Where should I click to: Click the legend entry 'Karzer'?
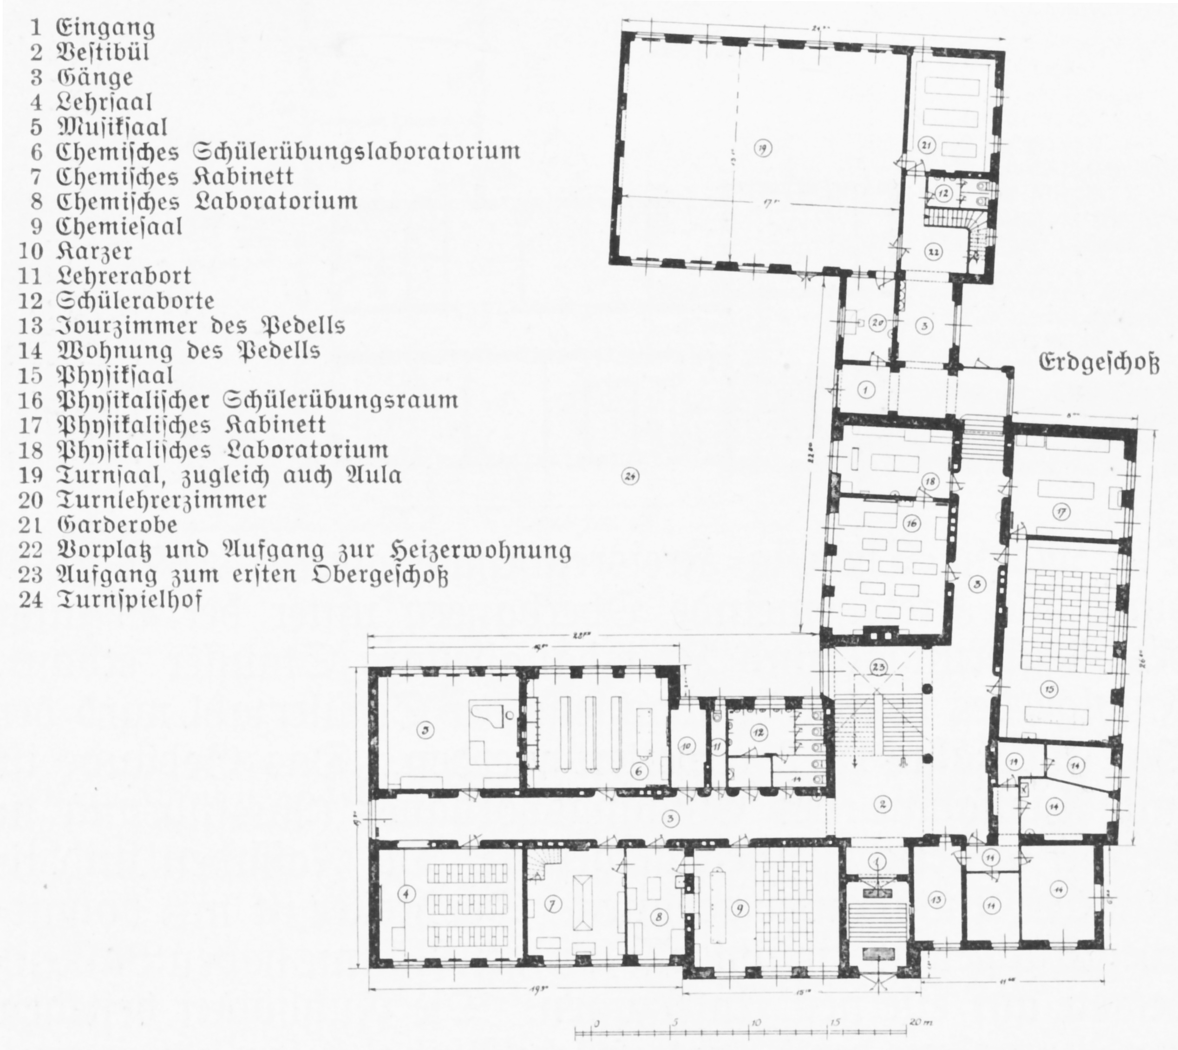(x=94, y=251)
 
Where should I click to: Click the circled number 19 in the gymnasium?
(x=762, y=149)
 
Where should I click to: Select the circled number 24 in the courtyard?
(x=630, y=477)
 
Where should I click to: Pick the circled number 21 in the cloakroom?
(x=927, y=146)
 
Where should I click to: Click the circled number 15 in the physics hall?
(x=1051, y=689)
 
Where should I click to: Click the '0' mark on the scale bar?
(x=596, y=1023)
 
